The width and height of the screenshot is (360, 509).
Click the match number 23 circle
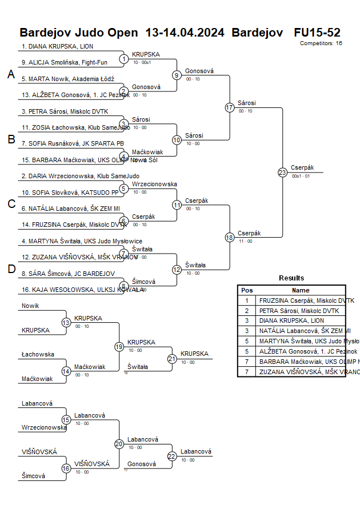pos(282,173)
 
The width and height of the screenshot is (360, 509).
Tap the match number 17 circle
pos(230,107)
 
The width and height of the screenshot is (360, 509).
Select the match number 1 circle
pos(124,59)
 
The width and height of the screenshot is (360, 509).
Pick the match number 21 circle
pos(172,359)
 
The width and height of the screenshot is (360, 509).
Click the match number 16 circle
pos(66,468)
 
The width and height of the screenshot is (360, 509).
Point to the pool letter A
pos(11,74)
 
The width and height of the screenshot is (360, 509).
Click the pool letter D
pos(11,269)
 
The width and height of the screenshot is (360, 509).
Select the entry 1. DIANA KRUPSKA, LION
pos(57,46)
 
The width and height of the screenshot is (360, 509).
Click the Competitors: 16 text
pos(321,43)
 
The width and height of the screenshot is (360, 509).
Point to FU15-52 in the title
pos(317,32)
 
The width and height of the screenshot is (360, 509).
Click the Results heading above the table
pos(291,278)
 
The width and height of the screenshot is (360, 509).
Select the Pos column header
pos(247,290)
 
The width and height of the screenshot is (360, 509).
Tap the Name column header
pos(301,290)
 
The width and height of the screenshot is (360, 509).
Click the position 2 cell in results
pos(247,311)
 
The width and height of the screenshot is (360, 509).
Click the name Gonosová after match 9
pos(199,71)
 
